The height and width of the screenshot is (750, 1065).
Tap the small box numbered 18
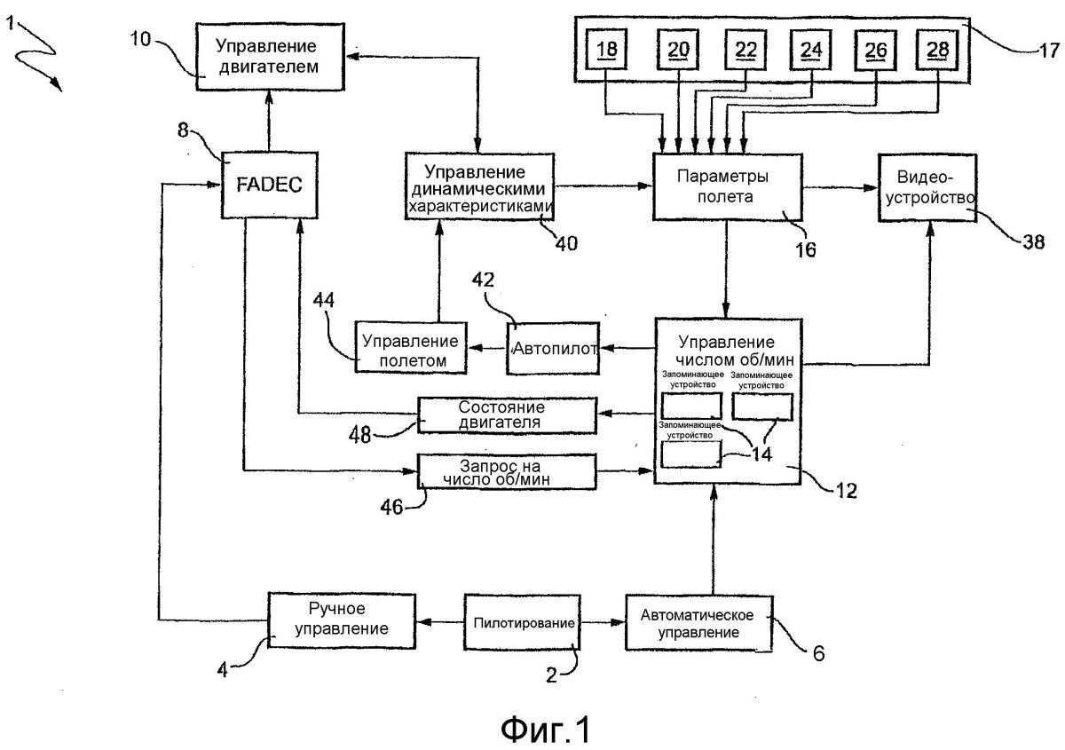click(x=607, y=51)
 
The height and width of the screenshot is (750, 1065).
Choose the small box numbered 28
click(x=936, y=51)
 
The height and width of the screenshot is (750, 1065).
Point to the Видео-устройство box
click(x=929, y=185)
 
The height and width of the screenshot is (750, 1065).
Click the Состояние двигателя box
click(x=508, y=414)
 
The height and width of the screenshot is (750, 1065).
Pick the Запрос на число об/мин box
click(x=508, y=470)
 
